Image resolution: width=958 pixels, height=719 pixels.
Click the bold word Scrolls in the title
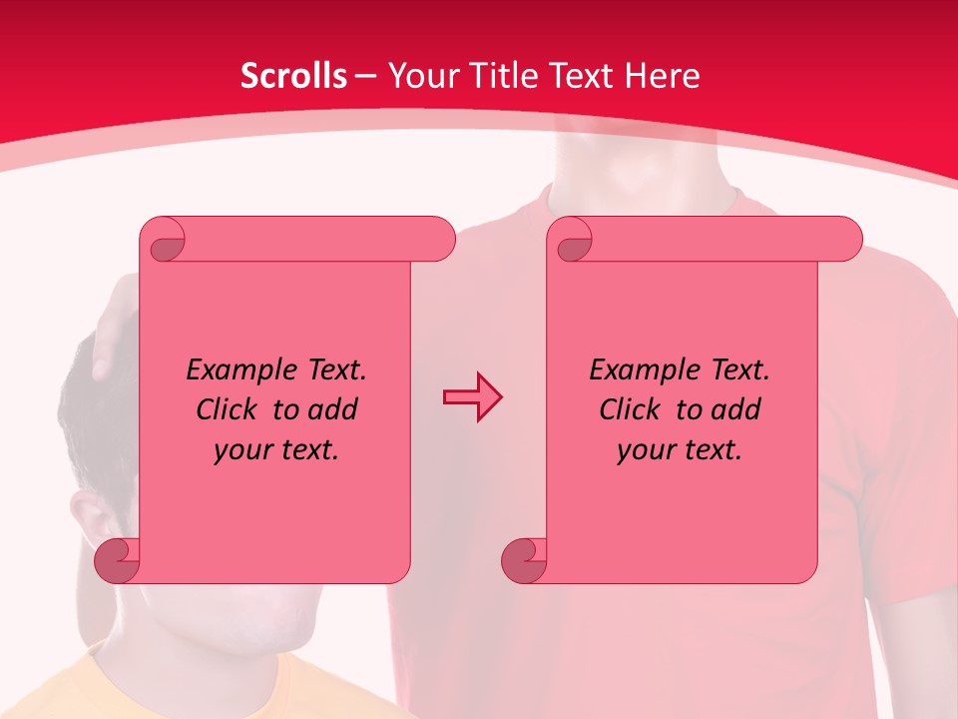(293, 76)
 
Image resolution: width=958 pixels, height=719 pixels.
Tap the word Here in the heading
(663, 76)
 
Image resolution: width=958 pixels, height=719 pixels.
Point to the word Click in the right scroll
(629, 409)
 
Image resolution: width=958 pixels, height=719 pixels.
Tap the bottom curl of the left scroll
(116, 561)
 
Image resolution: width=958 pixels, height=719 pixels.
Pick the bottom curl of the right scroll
(523, 561)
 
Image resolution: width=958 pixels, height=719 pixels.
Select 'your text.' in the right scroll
(680, 449)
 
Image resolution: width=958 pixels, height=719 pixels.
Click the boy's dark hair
(80, 419)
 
